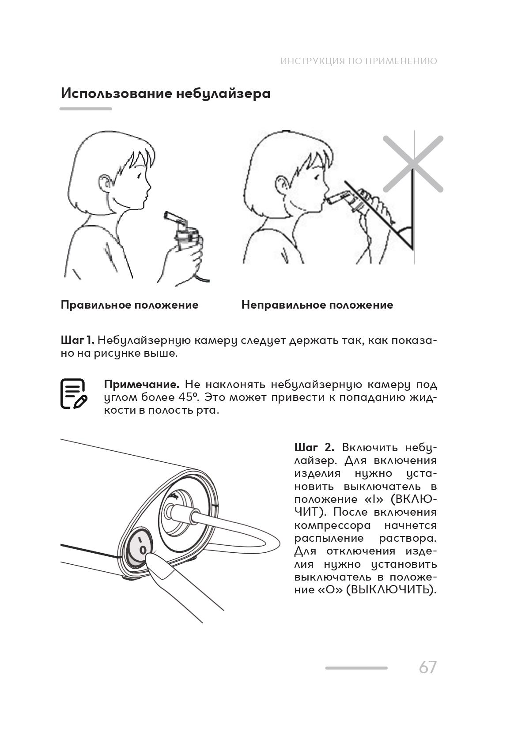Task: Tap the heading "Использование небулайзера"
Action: tap(166, 94)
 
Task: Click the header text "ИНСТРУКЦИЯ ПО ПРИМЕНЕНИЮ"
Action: tap(359, 61)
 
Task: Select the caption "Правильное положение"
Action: tap(129, 305)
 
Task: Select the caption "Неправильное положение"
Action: tap(317, 305)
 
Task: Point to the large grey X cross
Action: tap(413, 164)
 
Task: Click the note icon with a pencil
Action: tap(73, 393)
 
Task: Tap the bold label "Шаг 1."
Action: tap(77, 340)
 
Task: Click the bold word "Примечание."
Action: tap(141, 384)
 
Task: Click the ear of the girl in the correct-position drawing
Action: tap(105, 182)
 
